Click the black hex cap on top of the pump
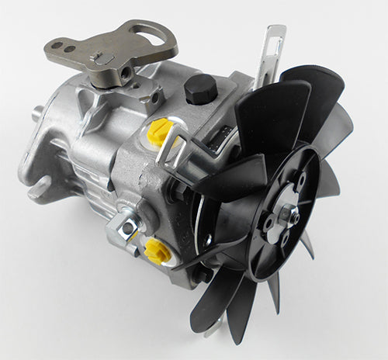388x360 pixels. pyautogui.click(x=200, y=90)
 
